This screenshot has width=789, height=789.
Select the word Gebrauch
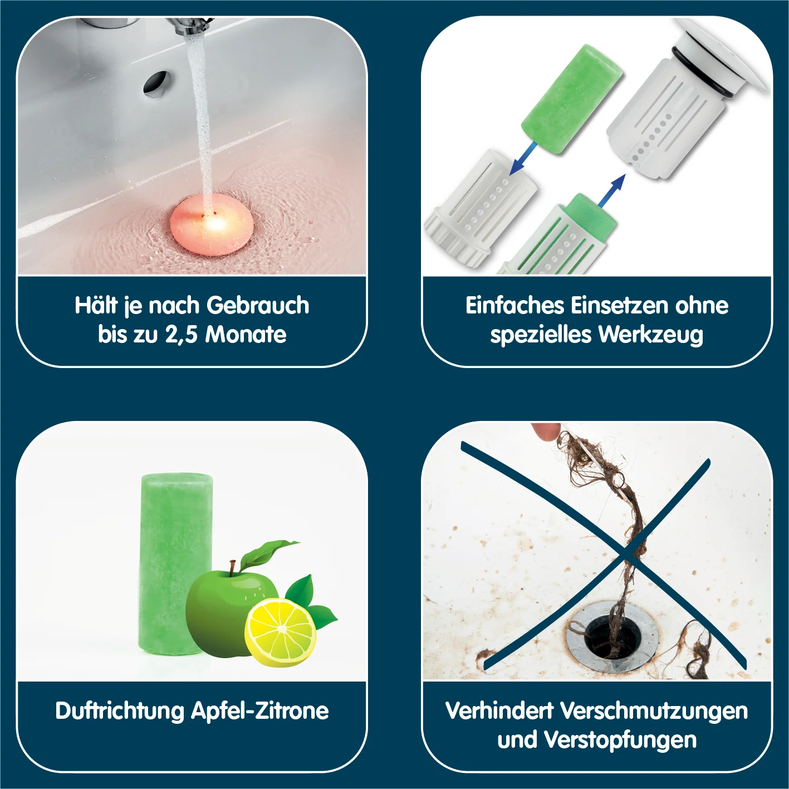258,306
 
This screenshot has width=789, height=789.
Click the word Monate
246,335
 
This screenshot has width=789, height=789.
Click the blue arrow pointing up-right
612,189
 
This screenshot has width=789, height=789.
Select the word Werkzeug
651,335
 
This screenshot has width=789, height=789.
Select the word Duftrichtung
120,711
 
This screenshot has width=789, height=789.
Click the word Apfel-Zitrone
260,711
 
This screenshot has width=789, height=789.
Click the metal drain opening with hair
612,639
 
